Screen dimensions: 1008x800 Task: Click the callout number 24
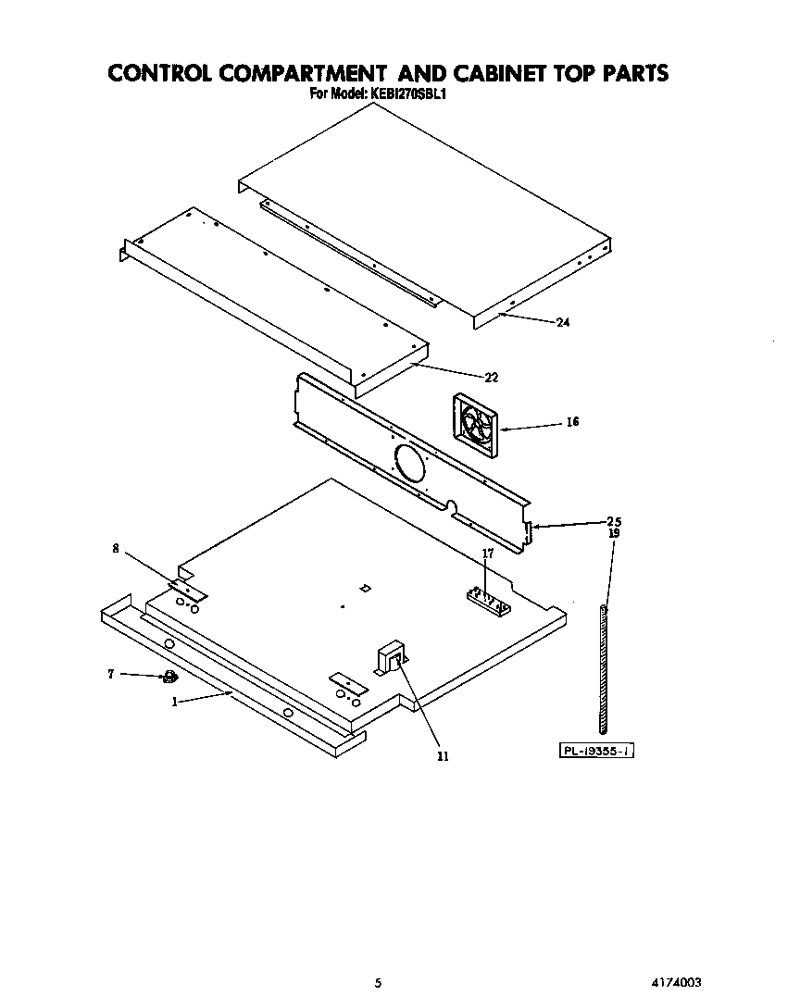562,323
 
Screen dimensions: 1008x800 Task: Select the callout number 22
492,377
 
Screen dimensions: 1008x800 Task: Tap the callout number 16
572,422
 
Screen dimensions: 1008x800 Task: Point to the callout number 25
613,520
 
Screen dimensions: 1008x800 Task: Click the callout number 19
613,533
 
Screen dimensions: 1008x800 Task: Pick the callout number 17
488,554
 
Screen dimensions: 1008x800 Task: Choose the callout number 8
116,548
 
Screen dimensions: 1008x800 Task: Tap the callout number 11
443,756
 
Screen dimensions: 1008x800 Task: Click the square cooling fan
476,425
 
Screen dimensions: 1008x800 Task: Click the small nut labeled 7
169,678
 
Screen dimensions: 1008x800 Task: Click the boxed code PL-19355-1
597,752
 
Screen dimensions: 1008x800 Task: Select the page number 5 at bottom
378,982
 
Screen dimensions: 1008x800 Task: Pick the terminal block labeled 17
489,600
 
